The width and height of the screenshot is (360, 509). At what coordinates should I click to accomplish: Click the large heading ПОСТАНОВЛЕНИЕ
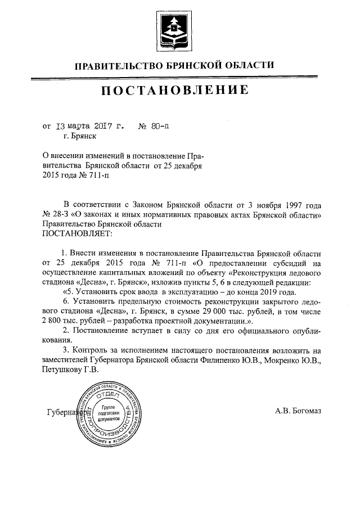coord(175,90)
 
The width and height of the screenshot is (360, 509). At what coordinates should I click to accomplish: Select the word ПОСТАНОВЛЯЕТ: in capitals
coord(78,232)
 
